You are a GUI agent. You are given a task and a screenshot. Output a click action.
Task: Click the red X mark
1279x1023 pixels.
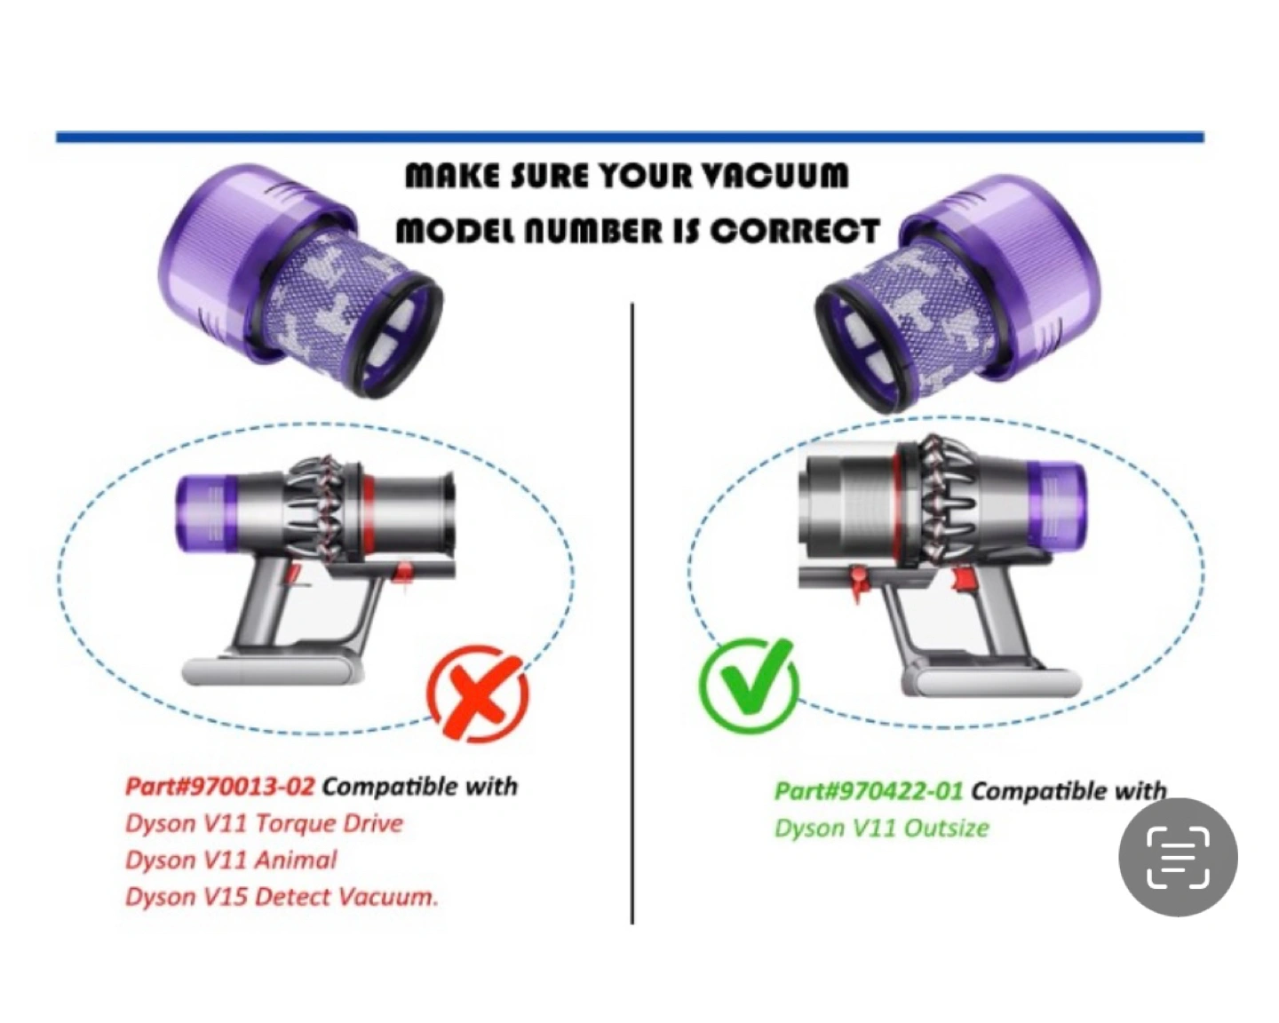(x=478, y=693)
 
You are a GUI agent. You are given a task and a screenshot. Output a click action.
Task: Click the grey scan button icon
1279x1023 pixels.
(x=1178, y=857)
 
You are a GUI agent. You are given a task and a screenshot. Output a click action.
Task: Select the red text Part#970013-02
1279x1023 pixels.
(x=219, y=787)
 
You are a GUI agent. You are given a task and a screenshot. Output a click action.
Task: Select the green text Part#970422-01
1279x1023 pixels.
(x=869, y=792)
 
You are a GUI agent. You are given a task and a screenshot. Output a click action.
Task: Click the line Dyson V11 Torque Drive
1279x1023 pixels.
(x=265, y=824)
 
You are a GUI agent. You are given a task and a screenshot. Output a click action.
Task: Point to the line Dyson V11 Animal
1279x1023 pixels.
(x=231, y=860)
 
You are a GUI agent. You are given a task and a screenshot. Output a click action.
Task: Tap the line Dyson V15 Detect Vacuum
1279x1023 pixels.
(x=282, y=896)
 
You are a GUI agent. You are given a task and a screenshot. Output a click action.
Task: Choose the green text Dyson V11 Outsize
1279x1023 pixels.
(x=882, y=828)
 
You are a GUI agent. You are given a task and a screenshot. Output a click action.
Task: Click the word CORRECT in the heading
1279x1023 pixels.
(x=795, y=231)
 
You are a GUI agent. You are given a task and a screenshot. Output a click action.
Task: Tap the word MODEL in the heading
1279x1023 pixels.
(x=455, y=231)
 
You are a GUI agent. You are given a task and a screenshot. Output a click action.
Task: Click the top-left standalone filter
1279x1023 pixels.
(x=301, y=281)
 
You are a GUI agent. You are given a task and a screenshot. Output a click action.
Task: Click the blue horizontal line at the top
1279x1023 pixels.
(x=630, y=138)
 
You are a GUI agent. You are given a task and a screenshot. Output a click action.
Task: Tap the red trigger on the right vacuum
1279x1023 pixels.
(x=964, y=580)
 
